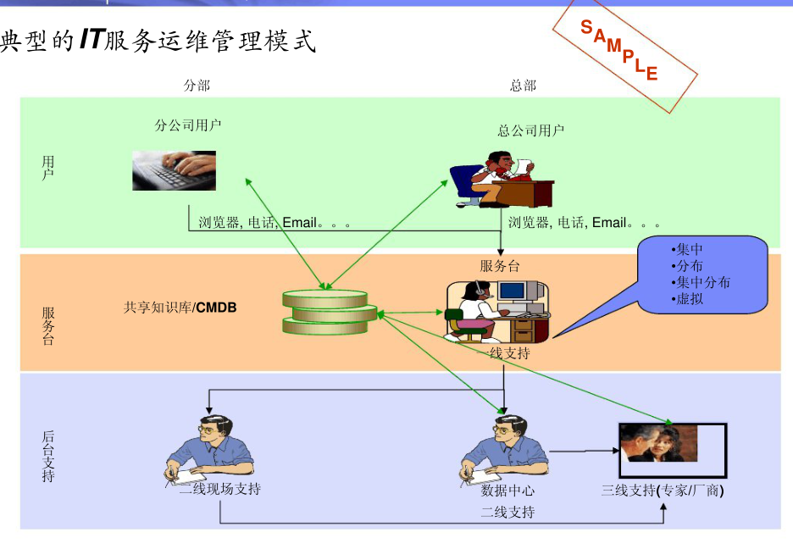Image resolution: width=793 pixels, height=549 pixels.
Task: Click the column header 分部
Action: pyautogui.click(x=197, y=85)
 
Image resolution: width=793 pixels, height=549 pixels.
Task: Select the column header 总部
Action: pyautogui.click(x=523, y=85)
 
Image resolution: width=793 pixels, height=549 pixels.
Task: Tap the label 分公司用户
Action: pyautogui.click(x=188, y=125)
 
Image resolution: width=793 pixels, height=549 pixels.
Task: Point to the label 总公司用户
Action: pyautogui.click(x=530, y=130)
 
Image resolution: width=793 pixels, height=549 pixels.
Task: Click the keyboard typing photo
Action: pyautogui.click(x=174, y=169)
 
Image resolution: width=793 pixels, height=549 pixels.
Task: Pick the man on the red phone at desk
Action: pyautogui.click(x=502, y=180)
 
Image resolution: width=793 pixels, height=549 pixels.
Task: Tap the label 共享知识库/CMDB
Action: pyautogui.click(x=180, y=308)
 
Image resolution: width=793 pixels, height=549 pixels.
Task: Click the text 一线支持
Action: pyautogui.click(x=509, y=352)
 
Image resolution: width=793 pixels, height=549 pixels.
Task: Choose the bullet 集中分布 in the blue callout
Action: pyautogui.click(x=702, y=282)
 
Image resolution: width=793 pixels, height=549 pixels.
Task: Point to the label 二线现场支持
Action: pyautogui.click(x=219, y=489)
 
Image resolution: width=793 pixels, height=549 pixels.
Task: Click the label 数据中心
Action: pyautogui.click(x=508, y=491)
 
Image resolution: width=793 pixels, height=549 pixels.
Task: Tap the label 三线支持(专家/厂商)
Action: pyautogui.click(x=663, y=491)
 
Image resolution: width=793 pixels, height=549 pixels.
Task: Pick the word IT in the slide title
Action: pyautogui.click(x=91, y=40)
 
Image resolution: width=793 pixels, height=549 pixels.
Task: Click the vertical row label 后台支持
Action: pyautogui.click(x=48, y=456)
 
